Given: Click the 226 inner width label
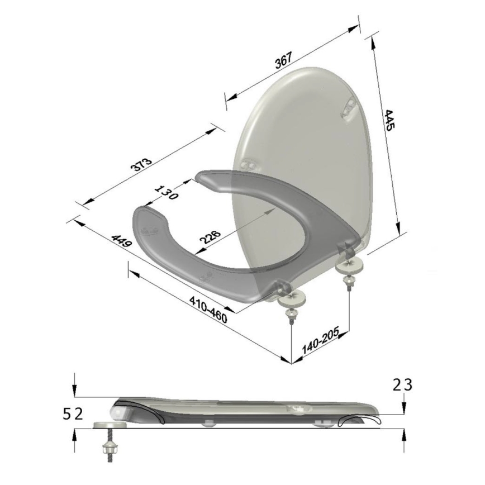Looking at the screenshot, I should click(210, 237).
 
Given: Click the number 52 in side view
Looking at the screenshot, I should click(73, 413).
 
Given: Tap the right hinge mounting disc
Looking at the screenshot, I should click(351, 263).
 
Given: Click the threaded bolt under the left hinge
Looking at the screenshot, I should click(292, 317).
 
